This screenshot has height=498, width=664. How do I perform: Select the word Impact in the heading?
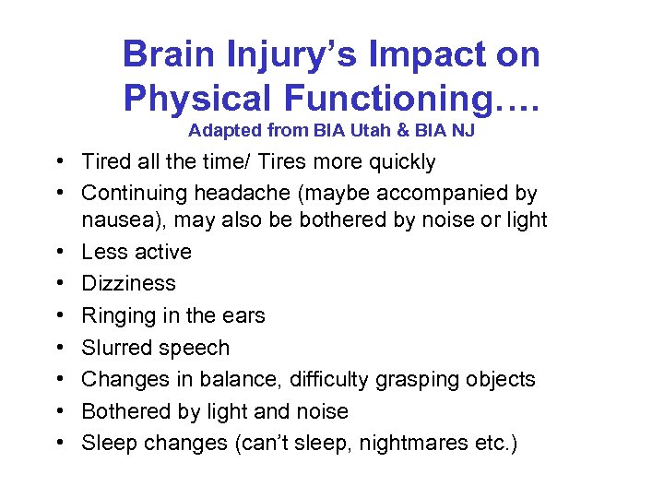(415, 54)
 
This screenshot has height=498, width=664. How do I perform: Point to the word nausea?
(114, 220)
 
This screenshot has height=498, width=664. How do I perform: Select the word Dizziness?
(128, 283)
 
